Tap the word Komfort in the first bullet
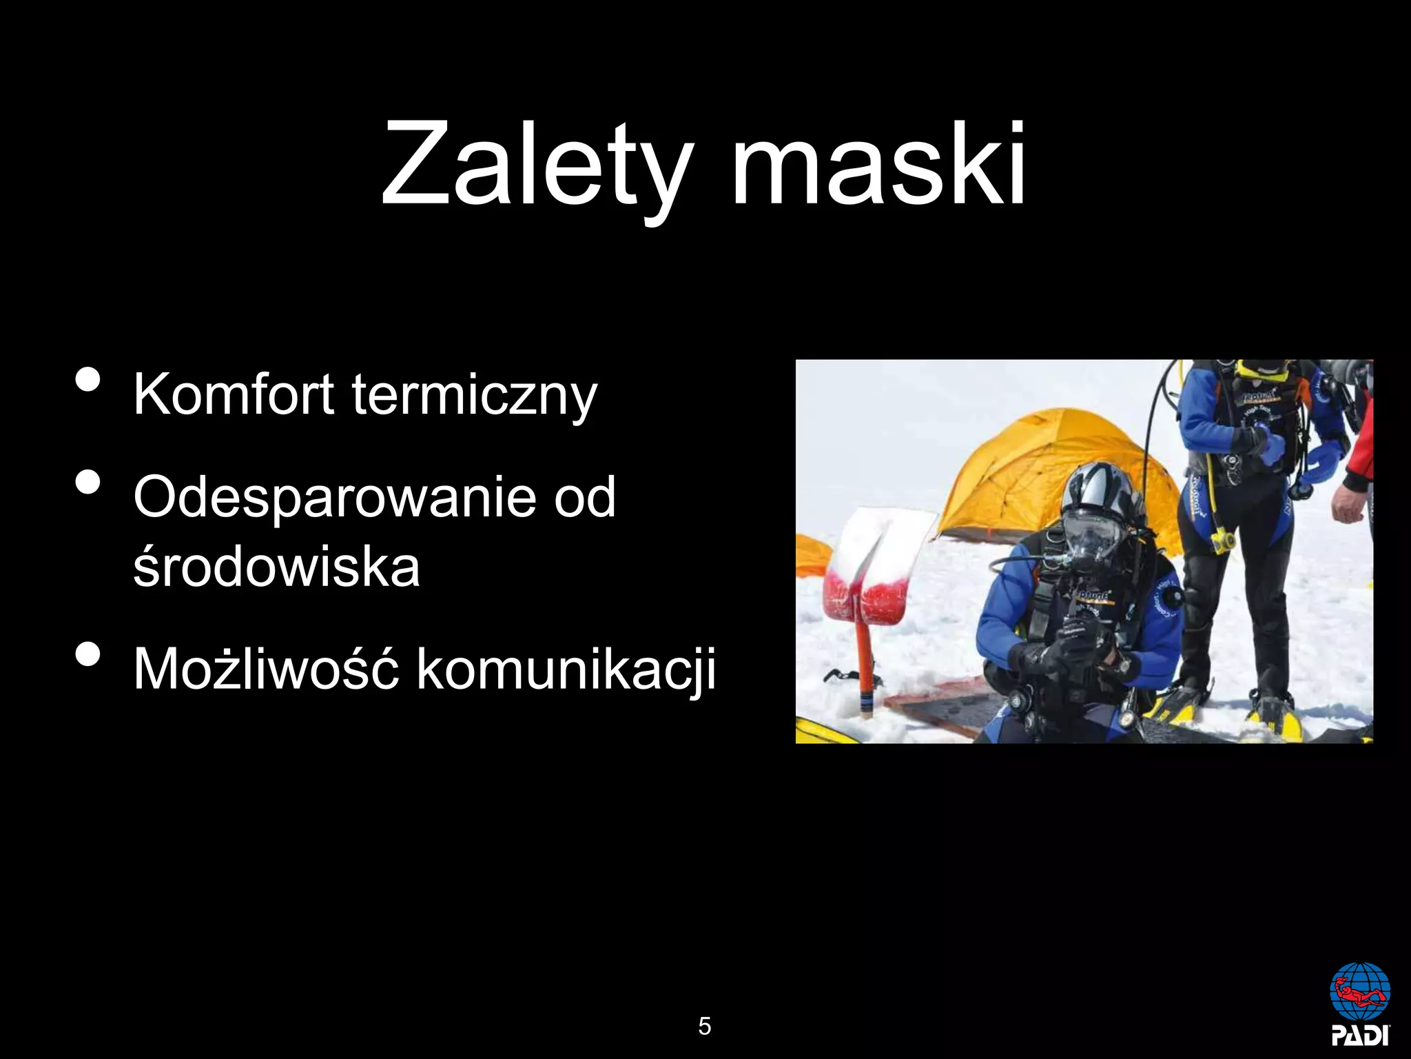coord(234,394)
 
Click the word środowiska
coord(276,567)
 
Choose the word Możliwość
coord(266,669)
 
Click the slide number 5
coord(704,1026)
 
